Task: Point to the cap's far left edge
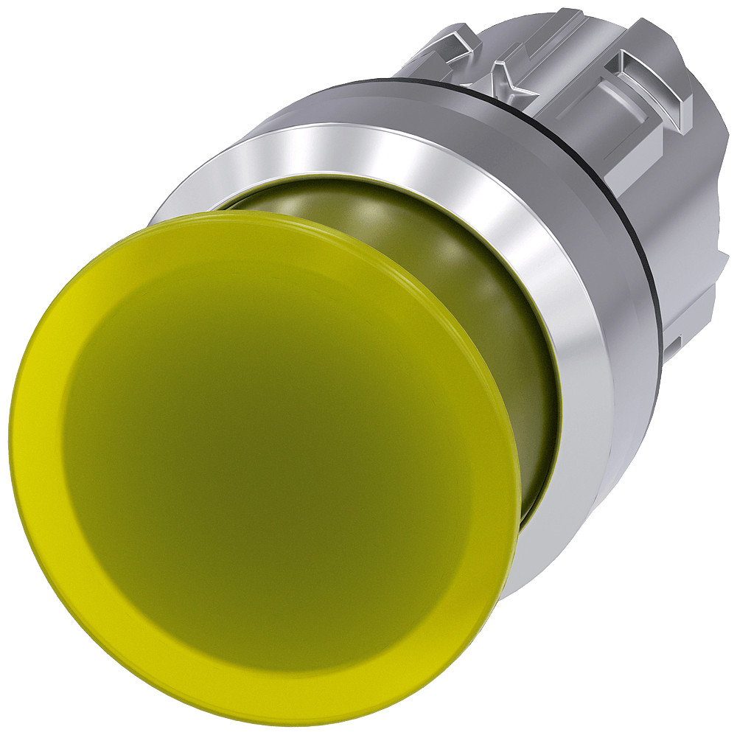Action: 13,442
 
